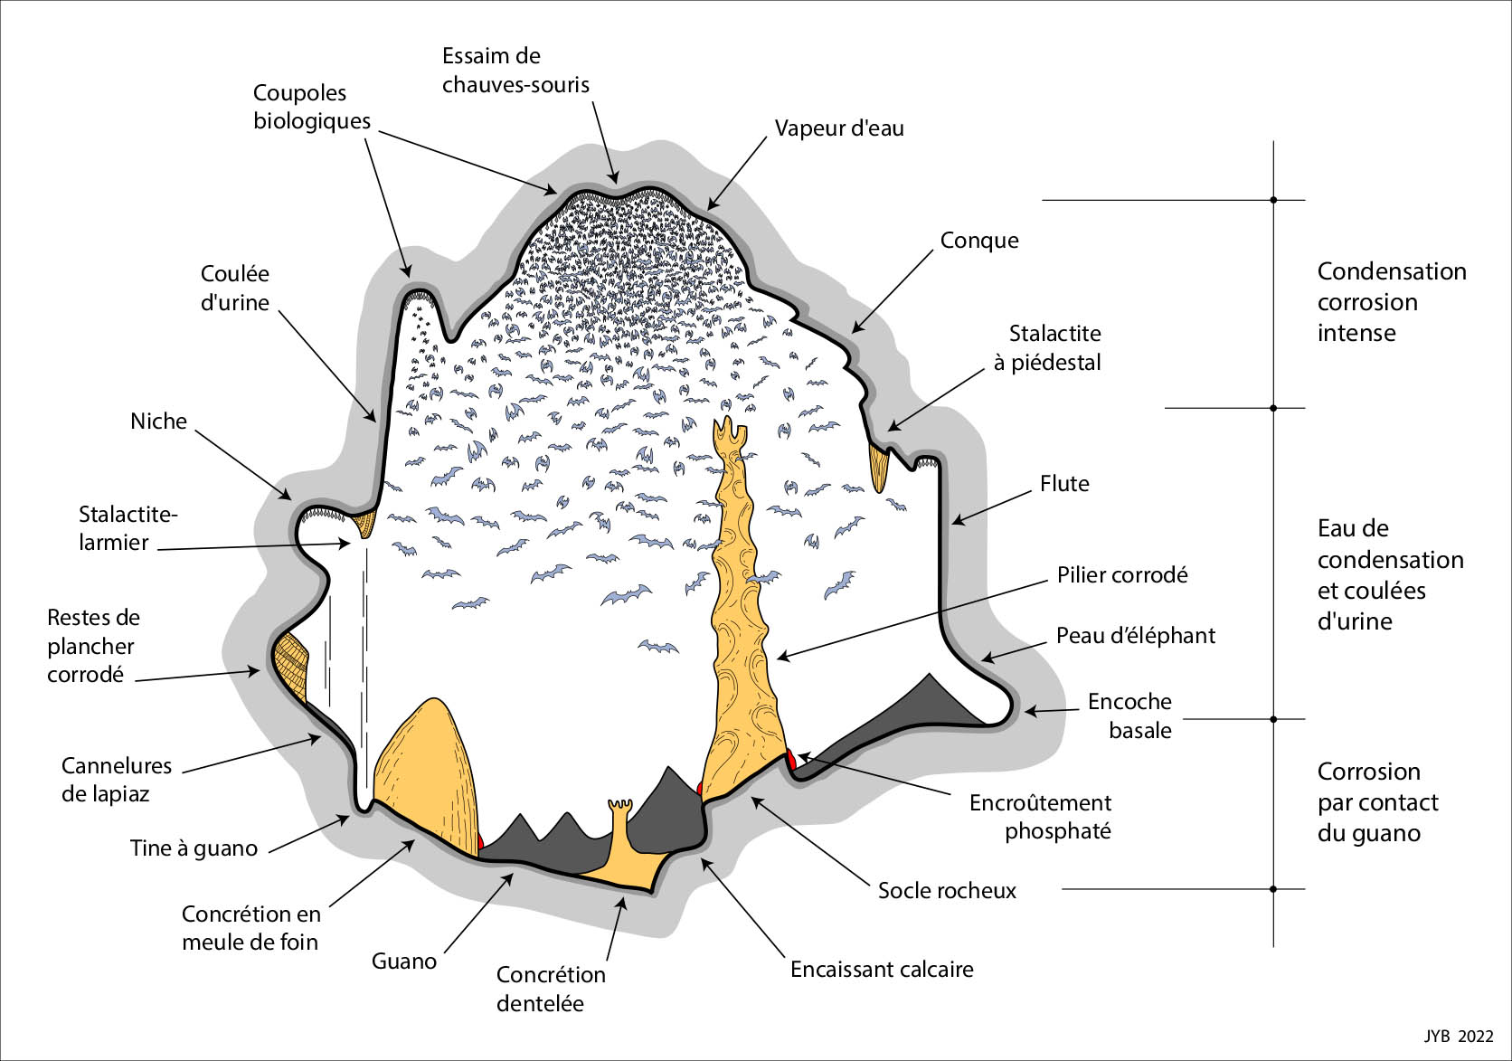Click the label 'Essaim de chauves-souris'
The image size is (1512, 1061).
pyautogui.click(x=515, y=71)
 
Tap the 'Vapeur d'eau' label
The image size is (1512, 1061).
pyautogui.click(x=838, y=128)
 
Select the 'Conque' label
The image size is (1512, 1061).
pyautogui.click(x=978, y=241)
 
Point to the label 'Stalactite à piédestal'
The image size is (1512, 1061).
pyautogui.click(x=1047, y=348)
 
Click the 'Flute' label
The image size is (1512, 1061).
pyautogui.click(x=1063, y=484)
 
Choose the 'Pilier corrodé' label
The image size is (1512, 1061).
pyautogui.click(x=1121, y=575)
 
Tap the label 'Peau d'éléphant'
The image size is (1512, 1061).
pyautogui.click(x=1135, y=636)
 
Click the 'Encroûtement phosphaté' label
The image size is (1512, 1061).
pyautogui.click(x=1040, y=817)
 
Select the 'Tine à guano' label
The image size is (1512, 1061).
pyautogui.click(x=194, y=848)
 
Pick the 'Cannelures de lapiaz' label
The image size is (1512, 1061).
pyautogui.click(x=116, y=780)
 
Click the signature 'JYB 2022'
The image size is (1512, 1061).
pyautogui.click(x=1459, y=1037)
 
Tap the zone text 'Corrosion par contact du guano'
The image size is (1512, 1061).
pyautogui.click(x=1377, y=802)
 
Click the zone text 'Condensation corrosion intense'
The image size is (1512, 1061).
pyautogui.click(x=1391, y=302)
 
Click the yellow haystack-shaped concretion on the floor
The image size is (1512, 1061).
pyautogui.click(x=425, y=769)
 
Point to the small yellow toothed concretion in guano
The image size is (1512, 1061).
pyautogui.click(x=621, y=828)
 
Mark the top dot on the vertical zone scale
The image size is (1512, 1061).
pyautogui.click(x=1273, y=200)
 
